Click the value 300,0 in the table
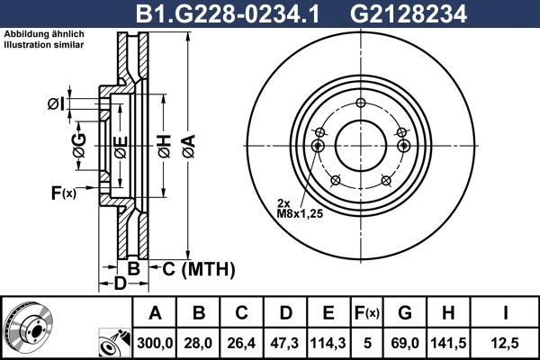[156, 342]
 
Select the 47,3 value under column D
[286, 342]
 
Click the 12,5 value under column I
[506, 342]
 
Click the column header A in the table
[156, 313]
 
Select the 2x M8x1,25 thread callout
[300, 209]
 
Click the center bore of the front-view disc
[359, 145]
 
